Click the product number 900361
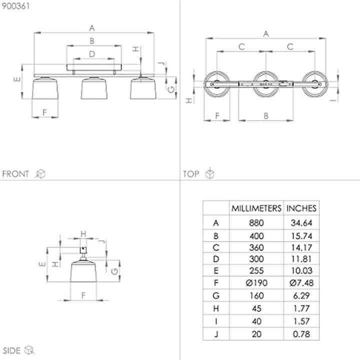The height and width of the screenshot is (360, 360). pyautogui.click(x=16, y=6)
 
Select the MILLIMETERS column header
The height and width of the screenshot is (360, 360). pyautogui.click(x=256, y=208)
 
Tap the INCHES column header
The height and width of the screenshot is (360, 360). pyautogui.click(x=301, y=208)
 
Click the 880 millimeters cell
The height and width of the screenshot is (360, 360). pyautogui.click(x=256, y=223)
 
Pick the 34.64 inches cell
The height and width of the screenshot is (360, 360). pyautogui.click(x=301, y=223)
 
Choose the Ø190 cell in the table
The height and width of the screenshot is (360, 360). pyautogui.click(x=256, y=283)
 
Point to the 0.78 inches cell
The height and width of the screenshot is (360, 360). pyautogui.click(x=301, y=334)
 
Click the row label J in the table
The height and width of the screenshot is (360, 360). pyautogui.click(x=216, y=334)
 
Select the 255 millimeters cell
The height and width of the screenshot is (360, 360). pyautogui.click(x=256, y=270)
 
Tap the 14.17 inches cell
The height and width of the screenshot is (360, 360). pyautogui.click(x=301, y=247)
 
